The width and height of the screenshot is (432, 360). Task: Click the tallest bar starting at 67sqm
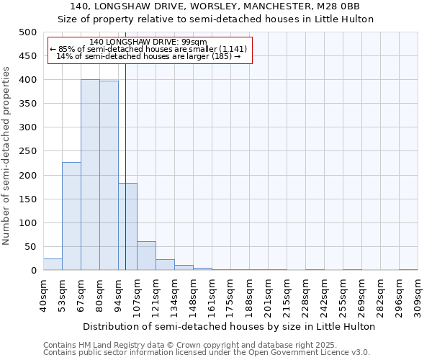coord(90,175)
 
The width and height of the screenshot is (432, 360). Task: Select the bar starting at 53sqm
coord(71,216)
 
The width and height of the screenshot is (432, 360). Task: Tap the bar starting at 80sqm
coord(109,176)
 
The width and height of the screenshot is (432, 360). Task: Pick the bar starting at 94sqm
coord(127,227)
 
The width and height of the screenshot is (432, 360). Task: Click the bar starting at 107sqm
coord(146,256)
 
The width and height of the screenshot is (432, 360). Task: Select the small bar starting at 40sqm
coord(53,264)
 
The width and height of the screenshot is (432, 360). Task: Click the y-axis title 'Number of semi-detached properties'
coord(7,156)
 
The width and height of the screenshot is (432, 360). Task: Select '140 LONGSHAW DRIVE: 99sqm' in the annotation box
coord(150,42)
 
